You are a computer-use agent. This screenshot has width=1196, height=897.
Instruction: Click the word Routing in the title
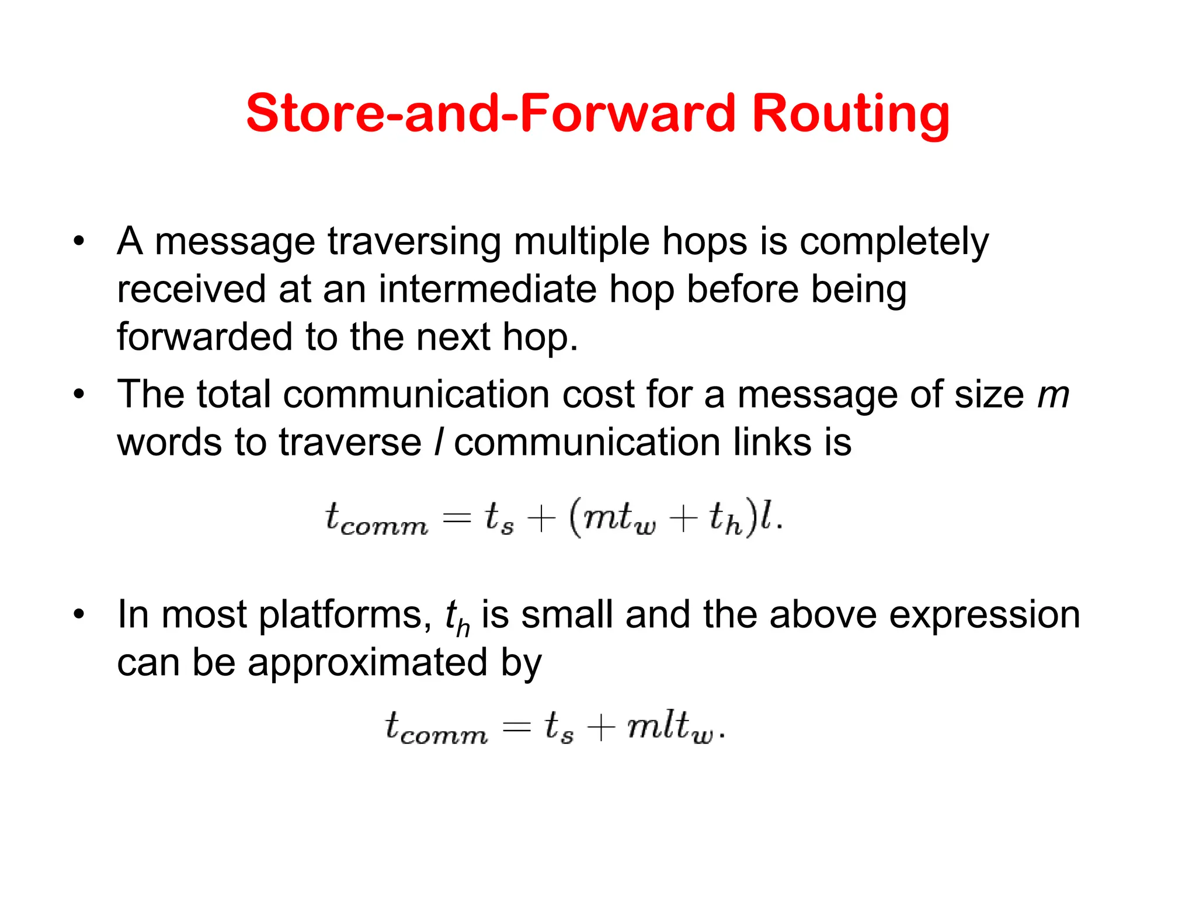[851, 114]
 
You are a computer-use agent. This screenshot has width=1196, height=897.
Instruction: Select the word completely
[894, 242]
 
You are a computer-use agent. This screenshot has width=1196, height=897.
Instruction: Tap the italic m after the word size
[1053, 396]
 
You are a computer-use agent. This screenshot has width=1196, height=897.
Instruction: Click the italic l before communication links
[439, 442]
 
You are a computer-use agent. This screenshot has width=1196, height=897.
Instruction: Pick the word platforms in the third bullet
[345, 616]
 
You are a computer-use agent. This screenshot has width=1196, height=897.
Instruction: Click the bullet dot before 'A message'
[79, 242]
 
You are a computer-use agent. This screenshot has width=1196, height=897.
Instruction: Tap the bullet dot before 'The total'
[79, 395]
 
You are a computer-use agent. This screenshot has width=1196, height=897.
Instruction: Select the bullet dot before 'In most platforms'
[79, 615]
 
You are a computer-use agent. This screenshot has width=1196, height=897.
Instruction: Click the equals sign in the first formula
[457, 519]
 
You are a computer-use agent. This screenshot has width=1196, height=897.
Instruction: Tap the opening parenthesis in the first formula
[575, 518]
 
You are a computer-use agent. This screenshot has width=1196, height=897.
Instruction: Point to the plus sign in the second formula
[601, 727]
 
